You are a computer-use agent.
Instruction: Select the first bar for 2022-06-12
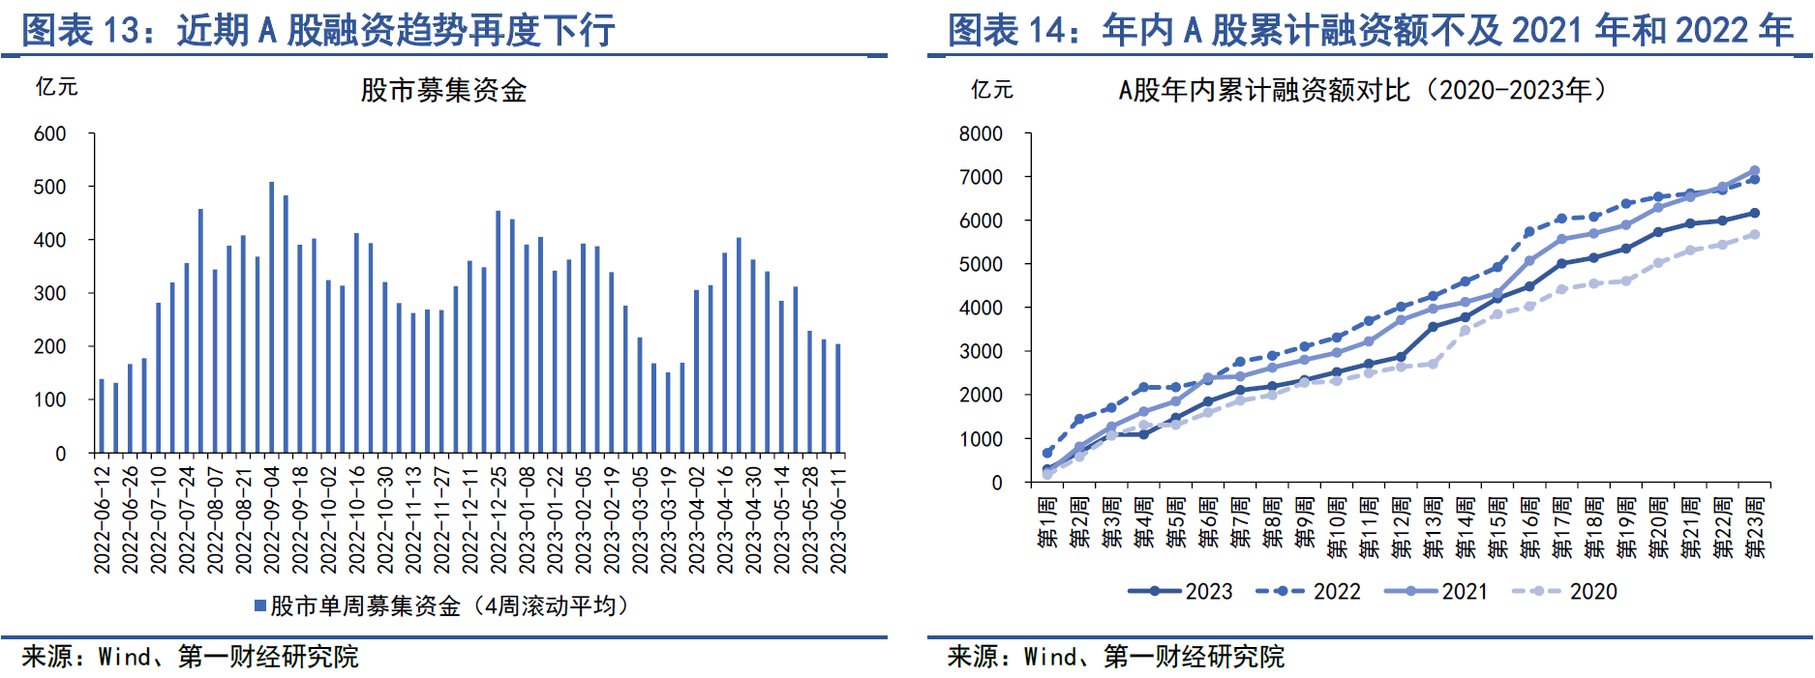[x=102, y=416]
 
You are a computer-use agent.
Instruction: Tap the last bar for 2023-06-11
[x=838, y=398]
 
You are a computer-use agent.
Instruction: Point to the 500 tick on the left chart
[x=49, y=187]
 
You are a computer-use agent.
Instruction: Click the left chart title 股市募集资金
[x=443, y=91]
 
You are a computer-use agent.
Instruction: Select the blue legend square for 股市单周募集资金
[x=260, y=606]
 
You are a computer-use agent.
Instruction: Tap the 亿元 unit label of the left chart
[x=56, y=87]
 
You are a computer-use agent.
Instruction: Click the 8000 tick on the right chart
[x=980, y=133]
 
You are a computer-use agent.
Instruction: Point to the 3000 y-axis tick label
[x=980, y=352]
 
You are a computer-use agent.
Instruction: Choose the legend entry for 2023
[x=1181, y=591]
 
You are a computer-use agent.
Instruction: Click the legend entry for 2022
[x=1309, y=591]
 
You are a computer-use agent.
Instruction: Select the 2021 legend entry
[x=1437, y=591]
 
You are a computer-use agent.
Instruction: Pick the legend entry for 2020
[x=1565, y=591]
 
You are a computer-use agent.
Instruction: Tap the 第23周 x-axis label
[x=1755, y=528]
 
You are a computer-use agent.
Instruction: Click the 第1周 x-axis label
[x=1047, y=523]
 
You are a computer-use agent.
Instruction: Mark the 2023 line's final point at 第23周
[x=1754, y=213]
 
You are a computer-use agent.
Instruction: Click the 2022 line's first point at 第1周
[x=1047, y=453]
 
